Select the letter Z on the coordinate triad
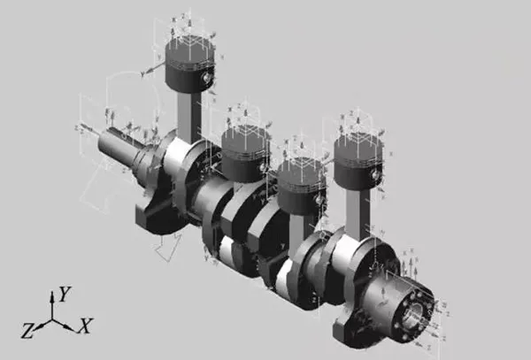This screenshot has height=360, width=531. click(27, 330)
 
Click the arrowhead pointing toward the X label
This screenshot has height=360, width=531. click(72, 327)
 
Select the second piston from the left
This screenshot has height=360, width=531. click(245, 150)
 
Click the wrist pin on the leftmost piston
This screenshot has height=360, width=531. click(207, 79)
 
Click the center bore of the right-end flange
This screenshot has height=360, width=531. click(416, 312)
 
